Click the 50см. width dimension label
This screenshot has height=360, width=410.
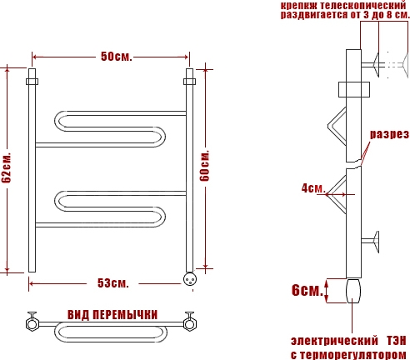pos(116,57)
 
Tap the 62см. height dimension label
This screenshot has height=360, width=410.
pos(6,167)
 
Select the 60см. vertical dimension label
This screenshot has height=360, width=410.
pos(205,166)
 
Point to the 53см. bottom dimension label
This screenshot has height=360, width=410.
pos(113,283)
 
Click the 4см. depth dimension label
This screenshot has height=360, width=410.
pos(313,188)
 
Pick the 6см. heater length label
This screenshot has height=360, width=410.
pos(307,290)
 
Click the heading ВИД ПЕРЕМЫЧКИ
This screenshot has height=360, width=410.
pos(112,315)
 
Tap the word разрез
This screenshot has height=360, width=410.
pos(389,134)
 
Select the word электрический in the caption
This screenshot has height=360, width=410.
pos(334,341)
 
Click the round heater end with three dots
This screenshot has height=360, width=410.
pos(190,279)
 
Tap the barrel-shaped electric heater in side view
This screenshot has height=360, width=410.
pos(353,291)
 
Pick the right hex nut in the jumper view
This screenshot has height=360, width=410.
pos(190,324)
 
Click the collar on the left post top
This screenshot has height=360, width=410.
pos(32,82)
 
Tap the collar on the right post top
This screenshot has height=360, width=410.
pos(189,82)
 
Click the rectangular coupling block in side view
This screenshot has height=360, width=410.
pos(354,89)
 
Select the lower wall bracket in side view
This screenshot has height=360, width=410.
pos(371,242)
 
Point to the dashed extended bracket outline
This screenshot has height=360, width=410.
pos(397,64)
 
